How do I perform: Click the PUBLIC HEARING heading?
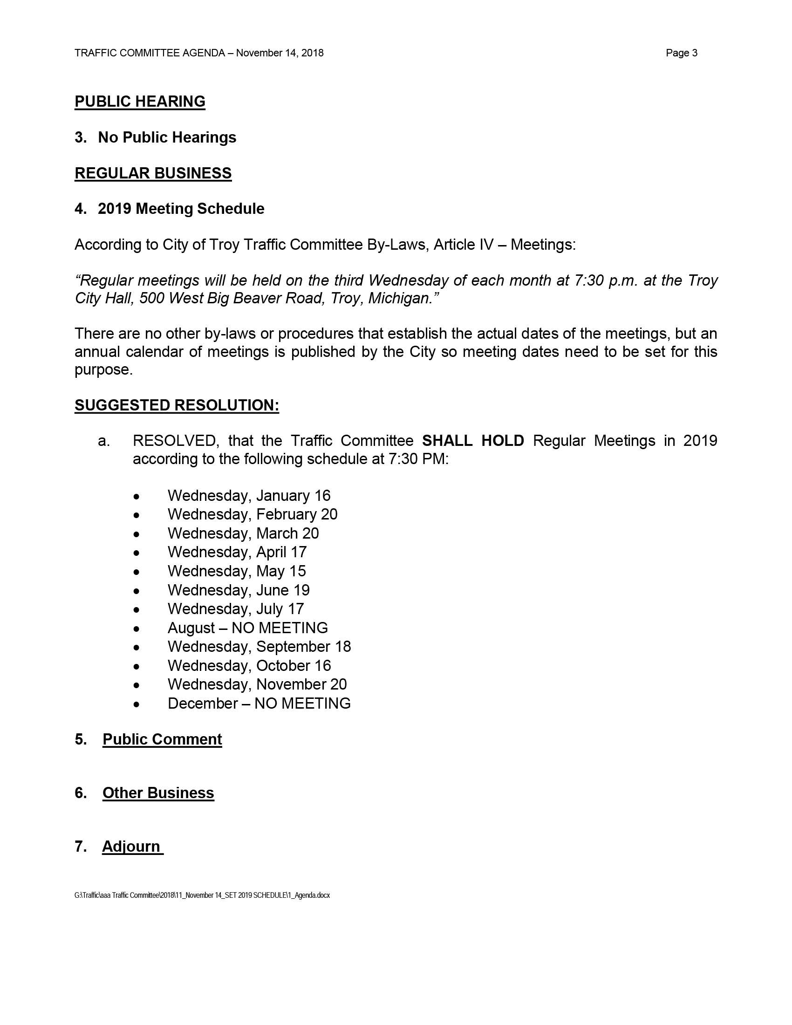[140, 102]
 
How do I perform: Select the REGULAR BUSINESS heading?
[153, 173]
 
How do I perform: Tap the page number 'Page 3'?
[681, 53]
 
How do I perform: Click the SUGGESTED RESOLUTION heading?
[177, 405]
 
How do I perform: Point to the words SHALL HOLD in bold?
[473, 441]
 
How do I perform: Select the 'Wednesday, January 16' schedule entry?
[249, 496]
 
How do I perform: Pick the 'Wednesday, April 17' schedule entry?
[237, 552]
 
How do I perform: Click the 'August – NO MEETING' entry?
[248, 628]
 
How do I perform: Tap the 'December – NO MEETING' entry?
[259, 703]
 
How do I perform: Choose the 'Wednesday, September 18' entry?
[259, 646]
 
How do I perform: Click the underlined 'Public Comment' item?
[162, 739]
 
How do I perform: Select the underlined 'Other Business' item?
[158, 793]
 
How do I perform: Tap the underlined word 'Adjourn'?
[131, 846]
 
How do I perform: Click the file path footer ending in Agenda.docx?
[202, 895]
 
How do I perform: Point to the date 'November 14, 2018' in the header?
[280, 53]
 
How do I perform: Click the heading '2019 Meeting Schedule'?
[181, 209]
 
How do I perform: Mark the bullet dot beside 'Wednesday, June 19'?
[137, 591]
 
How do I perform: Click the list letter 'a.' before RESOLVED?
[104, 441]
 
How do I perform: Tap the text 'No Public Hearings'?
[167, 137]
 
